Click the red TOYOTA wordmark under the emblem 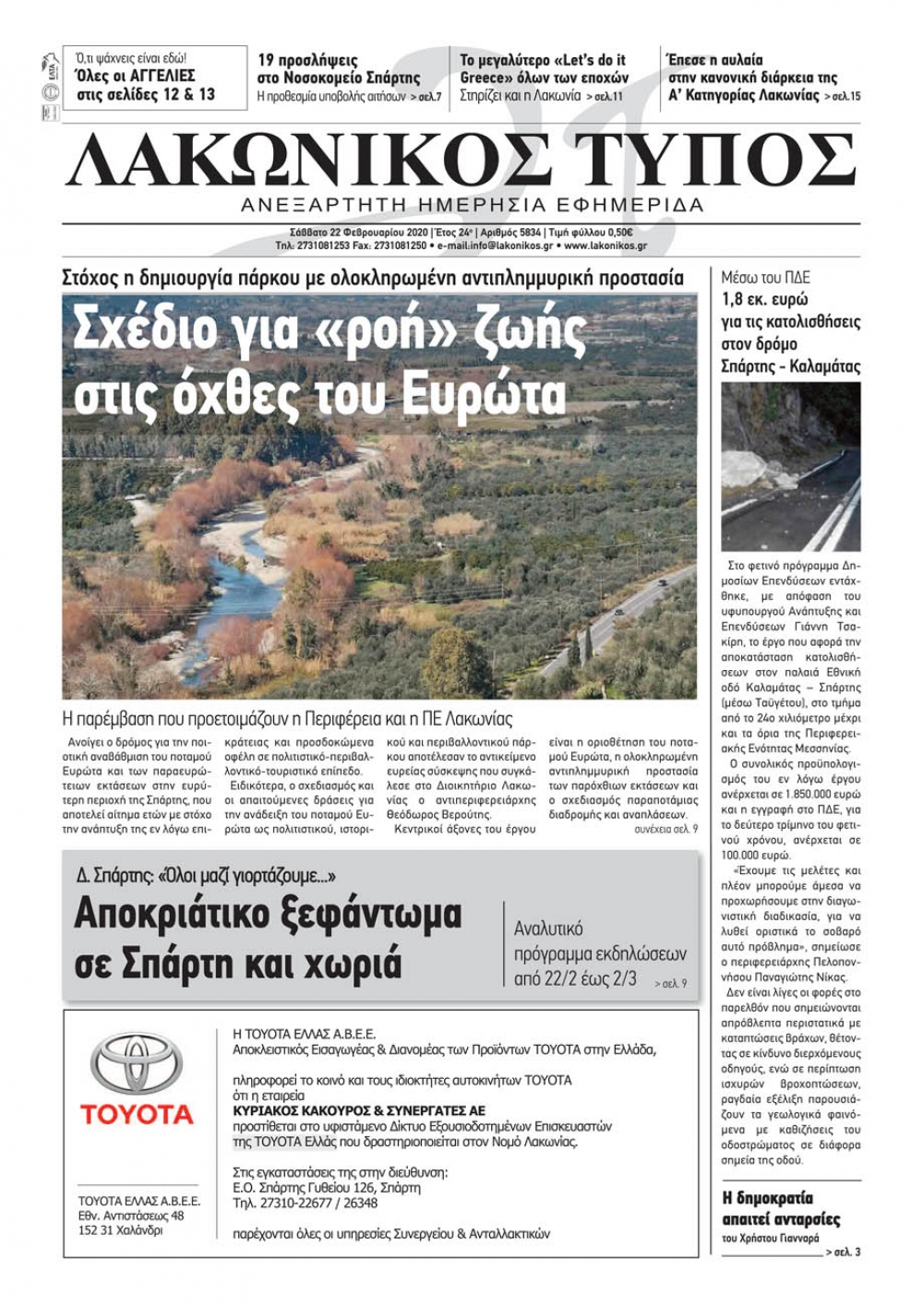(x=137, y=1114)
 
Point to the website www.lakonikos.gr (x=605, y=246)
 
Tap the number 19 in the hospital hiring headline (x=268, y=61)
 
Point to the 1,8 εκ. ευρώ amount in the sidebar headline (x=765, y=300)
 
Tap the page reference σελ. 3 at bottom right (x=844, y=1252)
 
